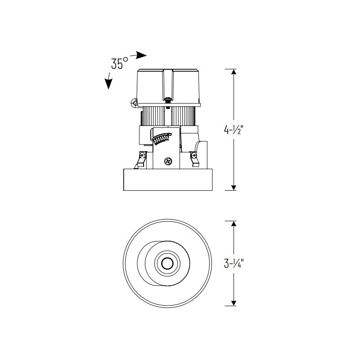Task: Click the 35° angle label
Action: click(120, 63)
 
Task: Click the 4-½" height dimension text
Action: click(234, 130)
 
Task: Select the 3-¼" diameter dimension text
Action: click(234, 263)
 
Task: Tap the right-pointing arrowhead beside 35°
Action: click(141, 55)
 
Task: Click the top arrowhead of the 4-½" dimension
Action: click(234, 72)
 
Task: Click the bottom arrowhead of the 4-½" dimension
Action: click(234, 188)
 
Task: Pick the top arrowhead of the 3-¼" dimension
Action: click(234, 224)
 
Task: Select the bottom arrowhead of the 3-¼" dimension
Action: click(234, 303)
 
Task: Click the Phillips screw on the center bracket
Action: click(168, 161)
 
